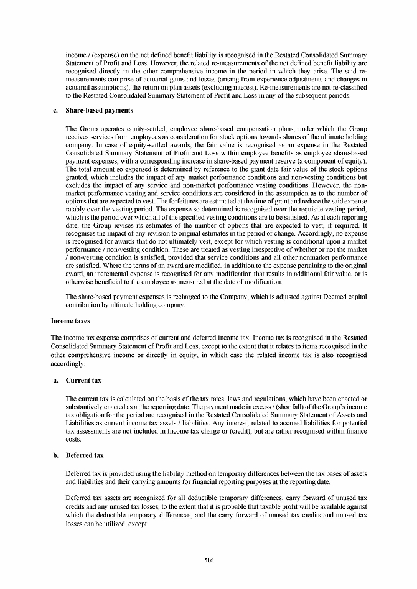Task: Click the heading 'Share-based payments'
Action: tap(99, 111)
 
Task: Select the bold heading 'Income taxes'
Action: tap(70, 320)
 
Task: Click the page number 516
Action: tap(208, 560)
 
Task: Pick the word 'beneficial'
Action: tap(108, 282)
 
